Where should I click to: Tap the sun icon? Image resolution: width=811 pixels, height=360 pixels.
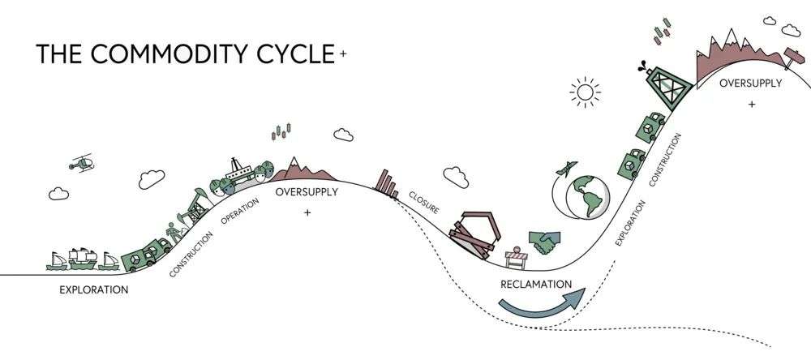click(584, 92)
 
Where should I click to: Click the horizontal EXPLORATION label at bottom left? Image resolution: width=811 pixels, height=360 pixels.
click(93, 289)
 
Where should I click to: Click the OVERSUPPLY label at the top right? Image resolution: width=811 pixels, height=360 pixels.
click(752, 84)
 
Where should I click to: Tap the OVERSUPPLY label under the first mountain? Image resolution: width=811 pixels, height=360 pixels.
click(306, 192)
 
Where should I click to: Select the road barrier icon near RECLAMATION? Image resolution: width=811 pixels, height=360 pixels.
click(517, 257)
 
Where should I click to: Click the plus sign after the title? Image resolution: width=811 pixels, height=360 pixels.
click(344, 54)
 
